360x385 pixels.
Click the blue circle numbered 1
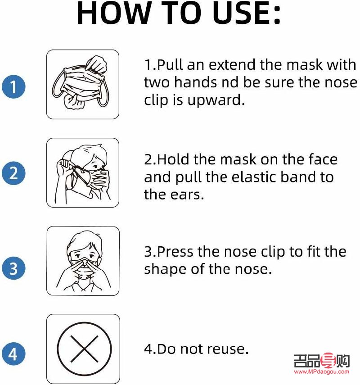(x=13, y=86)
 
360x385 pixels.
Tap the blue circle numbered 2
(x=13, y=174)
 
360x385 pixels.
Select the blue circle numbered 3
(x=13, y=268)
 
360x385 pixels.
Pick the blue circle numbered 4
(x=13, y=354)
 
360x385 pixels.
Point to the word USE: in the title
(x=246, y=14)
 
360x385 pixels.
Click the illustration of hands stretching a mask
(x=83, y=84)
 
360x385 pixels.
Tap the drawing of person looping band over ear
(x=83, y=172)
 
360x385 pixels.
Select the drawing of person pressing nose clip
(x=83, y=261)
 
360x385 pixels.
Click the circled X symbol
(x=84, y=349)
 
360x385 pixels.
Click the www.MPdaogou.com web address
(x=321, y=372)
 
